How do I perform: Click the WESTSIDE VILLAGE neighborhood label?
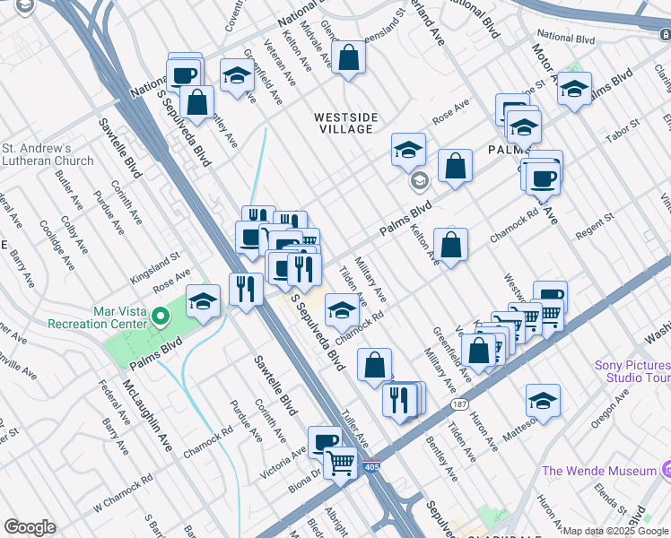[343, 123]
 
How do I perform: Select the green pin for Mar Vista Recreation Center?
[160, 316]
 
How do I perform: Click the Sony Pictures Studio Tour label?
[632, 371]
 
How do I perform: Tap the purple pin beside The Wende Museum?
[666, 470]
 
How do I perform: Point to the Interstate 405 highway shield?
[372, 467]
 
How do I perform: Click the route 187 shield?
[459, 404]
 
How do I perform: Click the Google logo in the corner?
[30, 527]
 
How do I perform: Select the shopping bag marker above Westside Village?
[347, 59]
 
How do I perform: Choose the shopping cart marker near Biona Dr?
[340, 464]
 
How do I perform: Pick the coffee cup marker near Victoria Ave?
[325, 441]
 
